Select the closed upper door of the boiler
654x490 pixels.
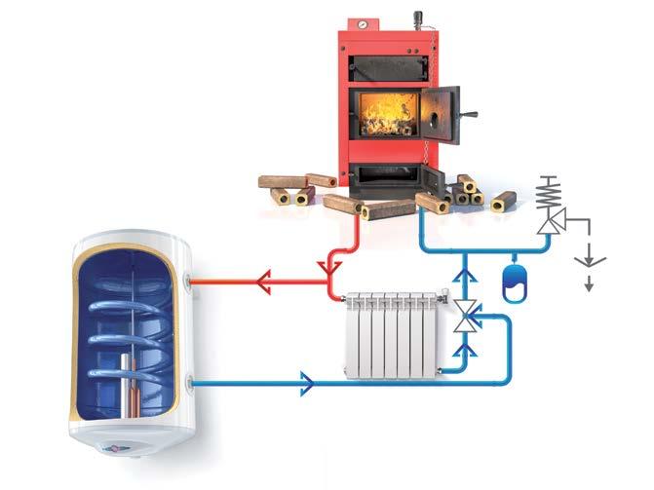click(x=387, y=60)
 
